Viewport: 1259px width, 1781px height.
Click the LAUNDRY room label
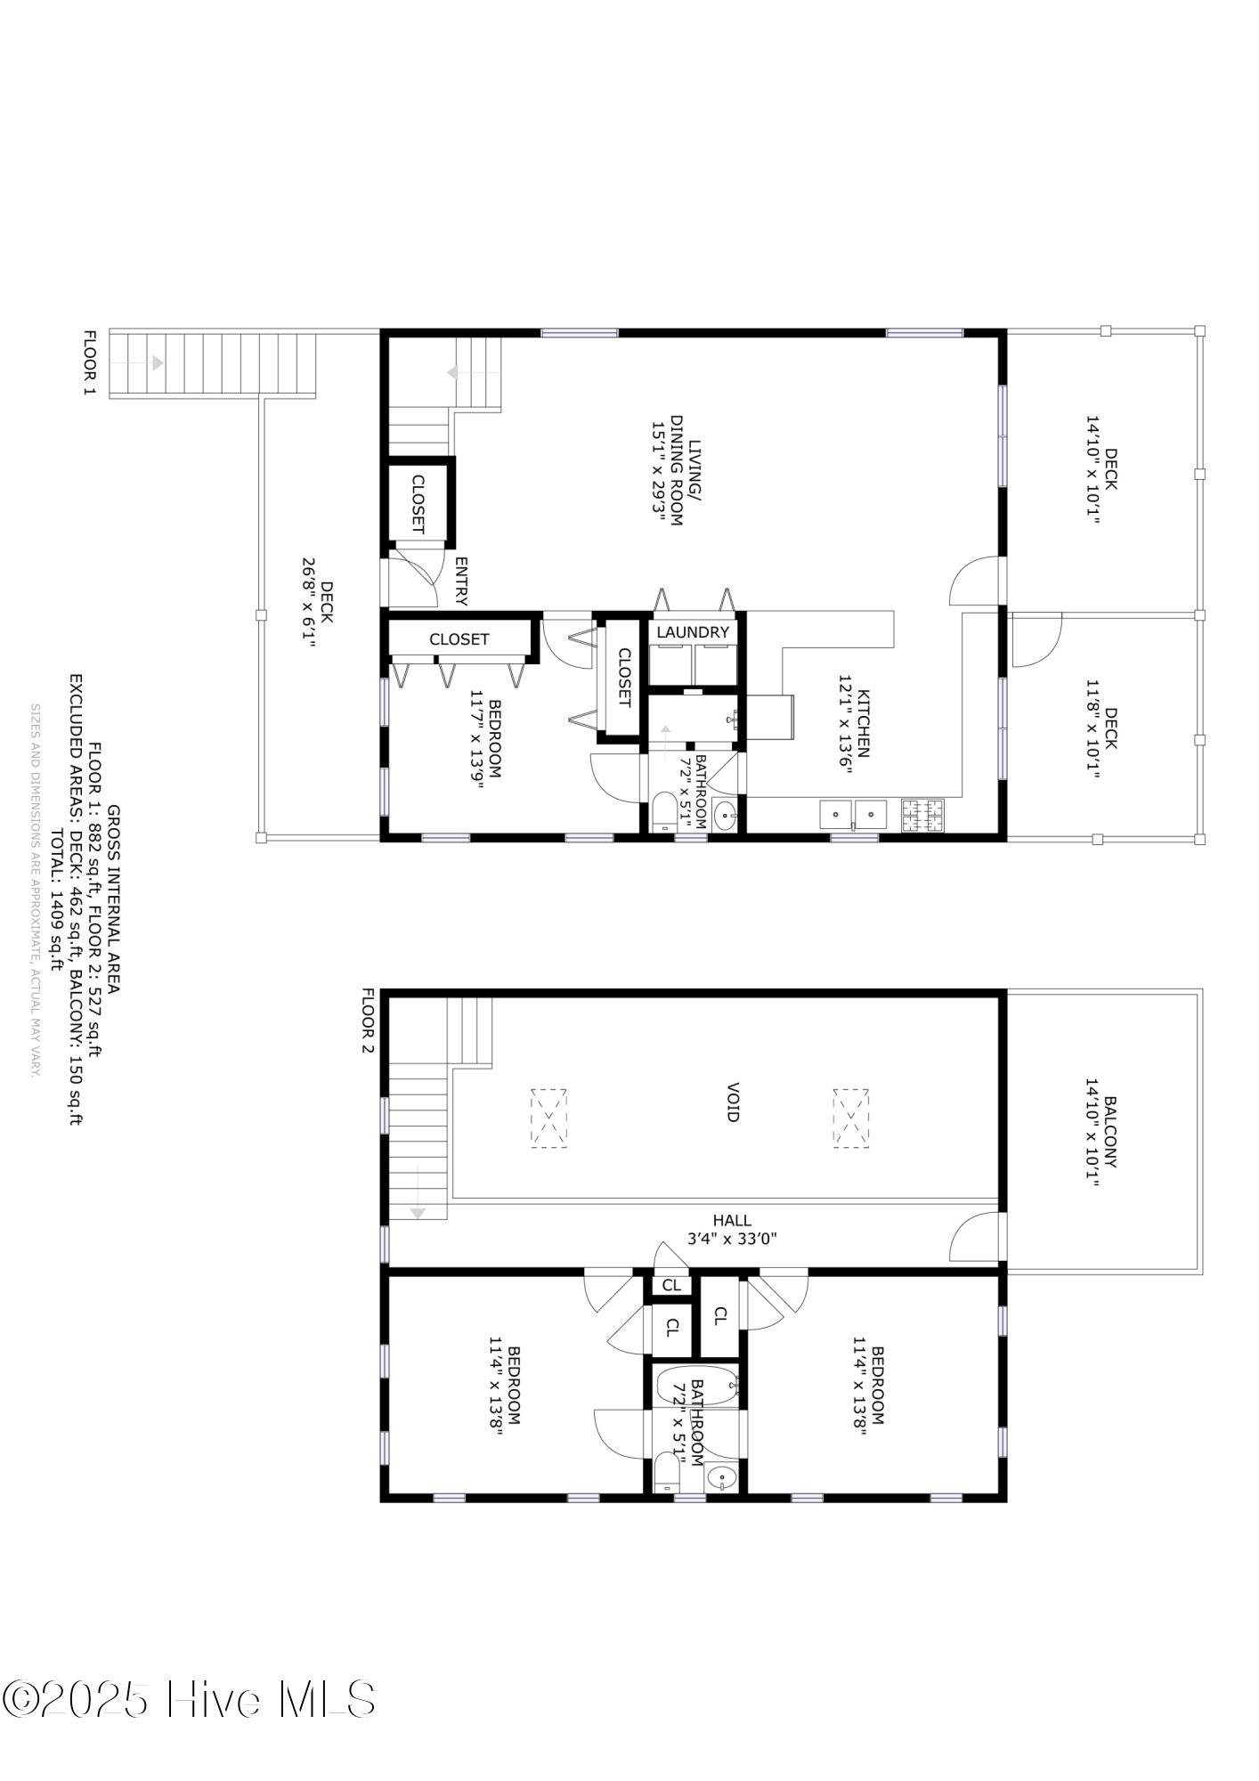tap(693, 632)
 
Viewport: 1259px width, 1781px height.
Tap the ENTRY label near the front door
tap(461, 581)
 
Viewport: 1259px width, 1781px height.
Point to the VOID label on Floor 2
tap(733, 1102)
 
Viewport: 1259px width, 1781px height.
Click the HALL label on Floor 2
tap(732, 1221)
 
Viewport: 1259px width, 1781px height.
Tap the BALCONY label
tap(1110, 1132)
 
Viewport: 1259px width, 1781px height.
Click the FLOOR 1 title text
tap(89, 363)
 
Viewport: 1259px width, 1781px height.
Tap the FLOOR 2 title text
tap(368, 1021)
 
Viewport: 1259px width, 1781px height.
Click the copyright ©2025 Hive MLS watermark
tap(188, 1699)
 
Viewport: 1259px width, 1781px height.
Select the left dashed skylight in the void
tap(548, 1118)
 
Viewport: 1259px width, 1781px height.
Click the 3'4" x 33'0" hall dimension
tap(732, 1238)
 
